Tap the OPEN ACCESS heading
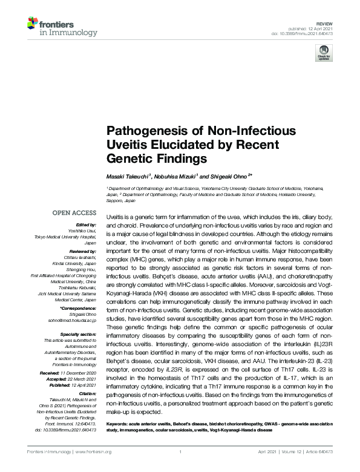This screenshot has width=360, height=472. (x=74, y=213)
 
